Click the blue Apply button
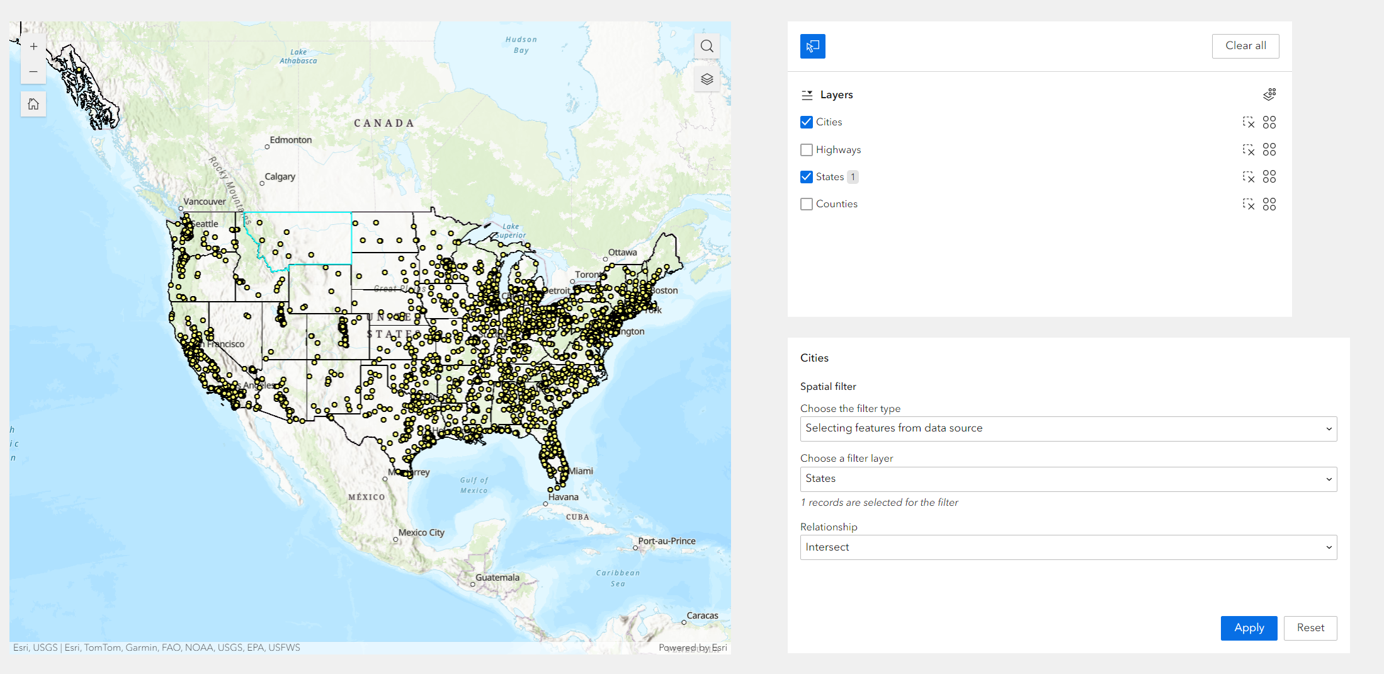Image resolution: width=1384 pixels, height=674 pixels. coord(1249,628)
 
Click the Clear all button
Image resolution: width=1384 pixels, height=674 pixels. coord(1245,46)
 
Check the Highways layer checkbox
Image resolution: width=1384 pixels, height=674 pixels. coord(807,150)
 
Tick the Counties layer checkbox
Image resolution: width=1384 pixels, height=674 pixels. coord(807,204)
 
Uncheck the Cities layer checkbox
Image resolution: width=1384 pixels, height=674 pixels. coord(807,122)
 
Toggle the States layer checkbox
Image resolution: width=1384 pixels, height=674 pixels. coord(807,177)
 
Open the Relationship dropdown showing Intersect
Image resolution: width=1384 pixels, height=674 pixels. coord(1068,547)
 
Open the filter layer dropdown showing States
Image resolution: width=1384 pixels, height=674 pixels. coord(1068,479)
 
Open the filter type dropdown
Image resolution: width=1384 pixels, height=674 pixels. coord(1068,428)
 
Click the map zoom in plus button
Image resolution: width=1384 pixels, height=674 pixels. coord(34,47)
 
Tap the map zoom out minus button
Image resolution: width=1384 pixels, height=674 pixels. coord(34,72)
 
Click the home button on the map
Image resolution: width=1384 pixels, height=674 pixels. coord(34,104)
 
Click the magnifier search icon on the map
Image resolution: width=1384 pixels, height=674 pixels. coord(706,46)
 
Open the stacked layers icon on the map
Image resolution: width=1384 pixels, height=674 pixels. coord(706,79)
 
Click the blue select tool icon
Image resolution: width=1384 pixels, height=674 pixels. coord(812,46)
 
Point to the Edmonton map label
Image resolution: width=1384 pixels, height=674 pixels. coord(290,140)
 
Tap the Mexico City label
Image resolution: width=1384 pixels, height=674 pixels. coord(421,533)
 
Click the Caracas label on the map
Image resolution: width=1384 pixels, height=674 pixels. coord(702,615)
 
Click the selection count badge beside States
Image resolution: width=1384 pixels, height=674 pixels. coord(853,177)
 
